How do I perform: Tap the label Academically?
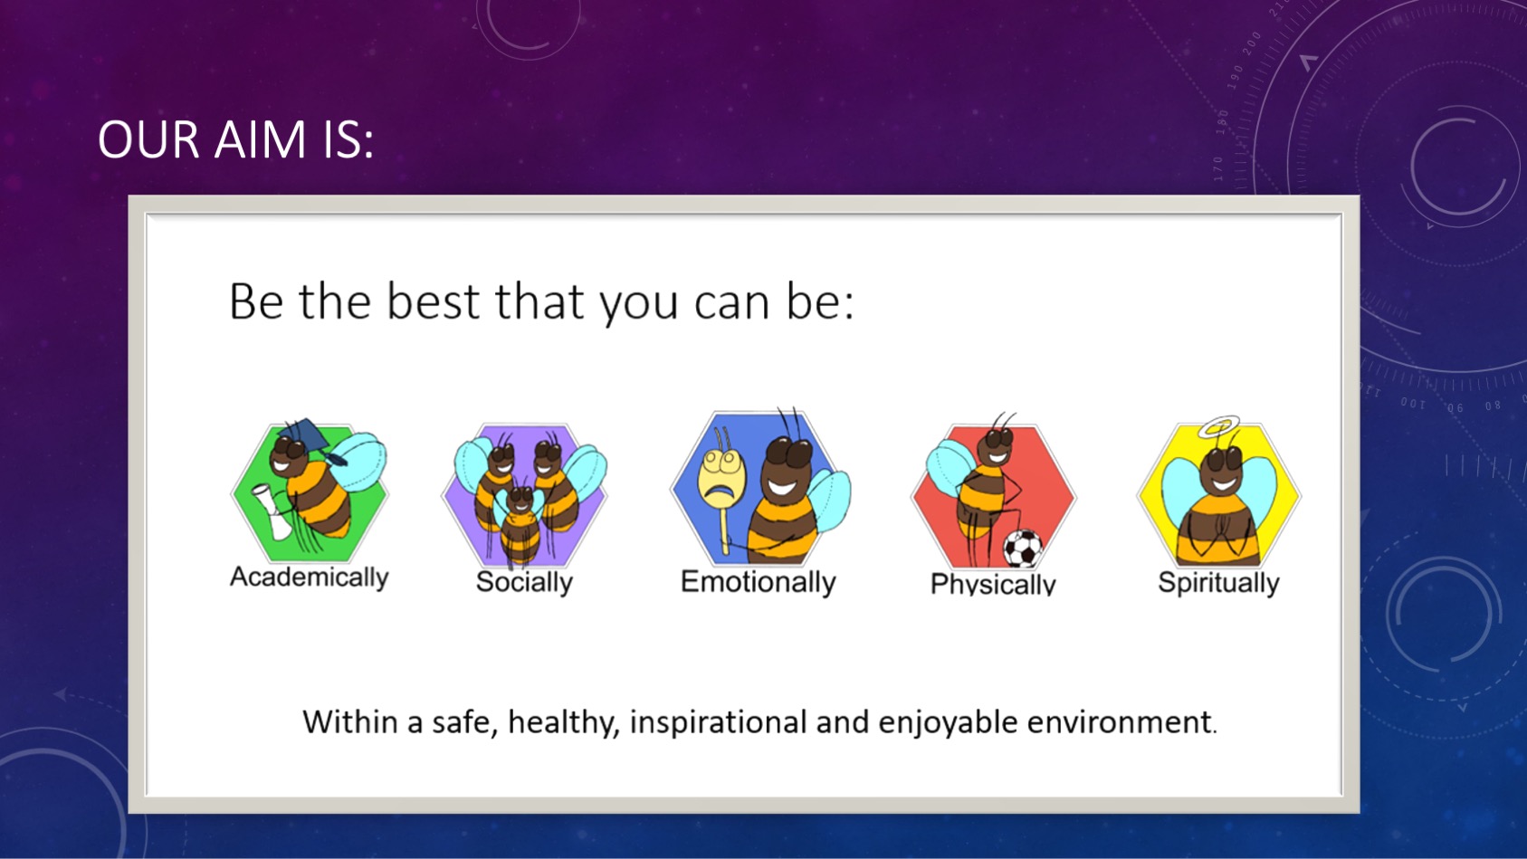(309, 577)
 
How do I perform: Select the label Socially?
(524, 582)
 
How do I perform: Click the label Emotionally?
(758, 582)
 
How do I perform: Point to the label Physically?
(993, 584)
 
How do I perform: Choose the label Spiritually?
(1218, 583)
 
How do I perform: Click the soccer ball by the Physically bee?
(1023, 549)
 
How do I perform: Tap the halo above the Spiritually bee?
(1219, 426)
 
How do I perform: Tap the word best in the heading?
(433, 301)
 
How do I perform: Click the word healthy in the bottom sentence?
(564, 722)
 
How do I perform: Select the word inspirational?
(719, 721)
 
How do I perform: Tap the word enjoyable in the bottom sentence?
(948, 722)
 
